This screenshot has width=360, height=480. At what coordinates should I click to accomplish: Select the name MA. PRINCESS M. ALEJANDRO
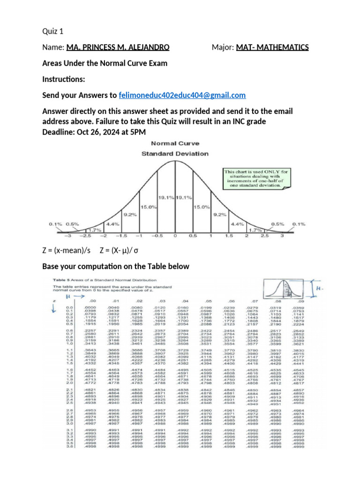pos(118,47)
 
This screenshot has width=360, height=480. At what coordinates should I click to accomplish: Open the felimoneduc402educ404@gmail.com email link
pos(182,95)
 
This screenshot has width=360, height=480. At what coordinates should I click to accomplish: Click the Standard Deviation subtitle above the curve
pos(175,153)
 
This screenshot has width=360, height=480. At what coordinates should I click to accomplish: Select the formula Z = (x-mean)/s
pos(66,250)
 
